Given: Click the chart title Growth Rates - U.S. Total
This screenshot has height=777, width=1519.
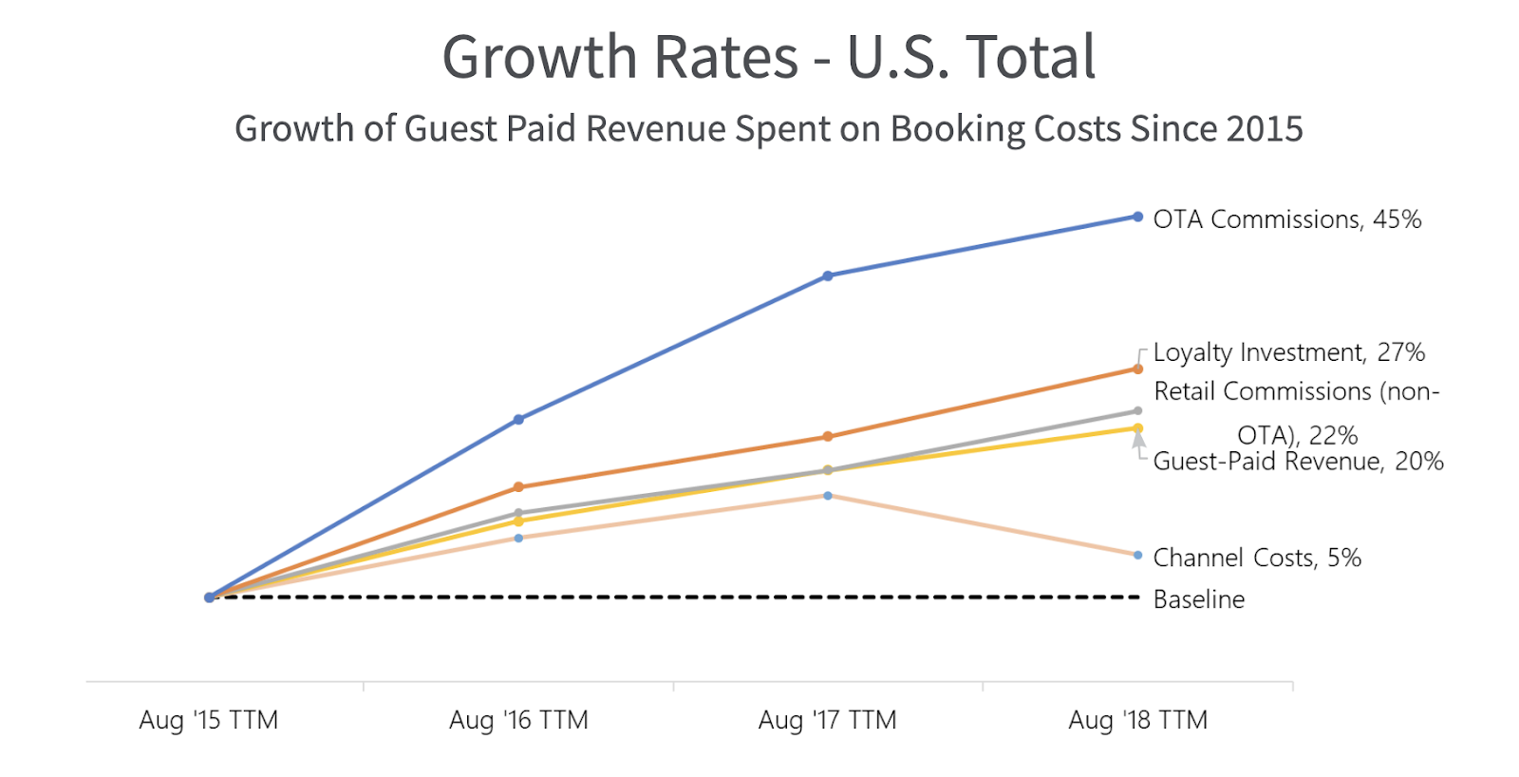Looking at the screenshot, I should point(768,57).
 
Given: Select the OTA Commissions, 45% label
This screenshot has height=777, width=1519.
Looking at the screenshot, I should point(1286,219).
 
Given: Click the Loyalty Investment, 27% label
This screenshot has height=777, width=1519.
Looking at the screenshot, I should point(1288,352).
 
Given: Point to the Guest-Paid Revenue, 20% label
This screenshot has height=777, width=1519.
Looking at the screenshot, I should point(1298,462).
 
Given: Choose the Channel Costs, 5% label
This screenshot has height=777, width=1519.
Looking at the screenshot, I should point(1257,558).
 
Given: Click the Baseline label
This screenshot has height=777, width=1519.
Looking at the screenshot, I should point(1198,599).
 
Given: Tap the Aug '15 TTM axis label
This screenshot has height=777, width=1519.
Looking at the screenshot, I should point(209,720).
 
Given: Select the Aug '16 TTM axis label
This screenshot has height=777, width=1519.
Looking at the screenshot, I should point(518,720).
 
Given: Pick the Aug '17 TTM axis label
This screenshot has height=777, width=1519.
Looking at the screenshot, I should point(827,720).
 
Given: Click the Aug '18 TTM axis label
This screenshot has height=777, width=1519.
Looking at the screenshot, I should point(1137,720).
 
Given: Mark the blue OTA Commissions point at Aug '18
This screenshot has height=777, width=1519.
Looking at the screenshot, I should point(1137,217).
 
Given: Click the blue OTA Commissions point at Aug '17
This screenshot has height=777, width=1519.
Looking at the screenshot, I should point(828,275).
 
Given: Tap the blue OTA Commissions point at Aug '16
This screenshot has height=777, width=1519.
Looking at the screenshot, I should point(518,419).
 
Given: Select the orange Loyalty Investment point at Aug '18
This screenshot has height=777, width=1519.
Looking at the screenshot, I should point(1137,369).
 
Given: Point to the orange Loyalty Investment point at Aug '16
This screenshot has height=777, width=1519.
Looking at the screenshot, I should point(518,487).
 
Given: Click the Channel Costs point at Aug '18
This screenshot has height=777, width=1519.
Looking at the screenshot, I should point(1137,555).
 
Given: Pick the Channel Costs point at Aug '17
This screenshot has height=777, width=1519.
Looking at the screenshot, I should point(828,496).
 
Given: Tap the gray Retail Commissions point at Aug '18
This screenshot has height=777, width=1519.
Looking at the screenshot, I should point(1137,411).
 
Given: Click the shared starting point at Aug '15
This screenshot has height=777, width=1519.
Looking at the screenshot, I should point(210,597).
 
